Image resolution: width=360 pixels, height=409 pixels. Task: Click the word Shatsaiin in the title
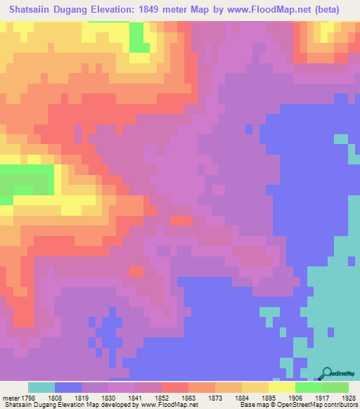[30, 10]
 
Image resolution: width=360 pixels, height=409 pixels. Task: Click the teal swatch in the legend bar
[41, 387]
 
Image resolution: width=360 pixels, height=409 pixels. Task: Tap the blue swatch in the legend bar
[68, 387]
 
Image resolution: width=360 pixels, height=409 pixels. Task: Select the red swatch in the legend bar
[175, 387]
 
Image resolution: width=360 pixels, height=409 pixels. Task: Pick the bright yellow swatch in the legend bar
[282, 387]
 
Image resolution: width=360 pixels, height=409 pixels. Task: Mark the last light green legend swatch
[335, 387]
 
